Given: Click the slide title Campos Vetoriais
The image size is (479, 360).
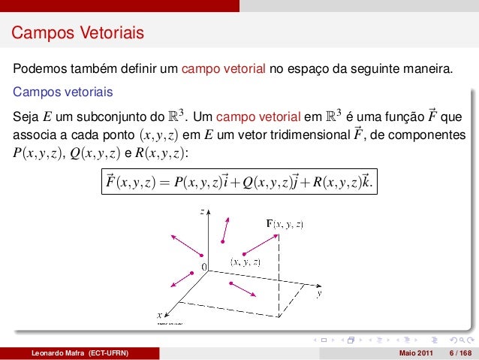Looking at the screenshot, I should (77, 34).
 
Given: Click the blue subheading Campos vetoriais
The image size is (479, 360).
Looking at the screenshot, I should (62, 93).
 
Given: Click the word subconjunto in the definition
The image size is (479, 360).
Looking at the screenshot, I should (108, 117).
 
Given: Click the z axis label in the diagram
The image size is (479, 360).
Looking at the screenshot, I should (202, 212).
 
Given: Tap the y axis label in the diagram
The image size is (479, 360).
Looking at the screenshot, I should (320, 294).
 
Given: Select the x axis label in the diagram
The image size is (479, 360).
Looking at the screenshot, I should (159, 315).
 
